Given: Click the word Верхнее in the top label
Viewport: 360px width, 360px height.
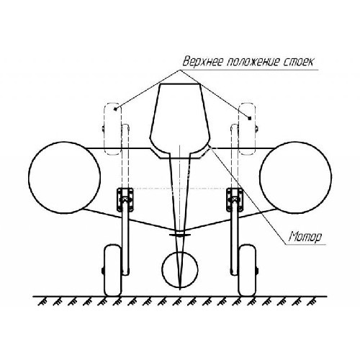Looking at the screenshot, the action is [203, 62].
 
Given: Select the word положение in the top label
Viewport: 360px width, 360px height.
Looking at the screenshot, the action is [252, 63].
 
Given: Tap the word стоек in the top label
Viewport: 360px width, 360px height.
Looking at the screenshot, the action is [297, 63].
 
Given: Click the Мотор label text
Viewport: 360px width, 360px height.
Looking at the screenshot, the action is [305, 237].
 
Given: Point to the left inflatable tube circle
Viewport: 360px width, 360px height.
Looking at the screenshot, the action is [29, 177].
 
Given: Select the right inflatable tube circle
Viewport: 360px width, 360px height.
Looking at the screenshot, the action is [260, 177].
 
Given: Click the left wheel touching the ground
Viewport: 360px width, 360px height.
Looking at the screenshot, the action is [112, 270].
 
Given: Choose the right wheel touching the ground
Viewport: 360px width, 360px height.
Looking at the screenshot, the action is [247, 270].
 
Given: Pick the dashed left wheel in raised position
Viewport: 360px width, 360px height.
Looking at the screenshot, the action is [112, 129].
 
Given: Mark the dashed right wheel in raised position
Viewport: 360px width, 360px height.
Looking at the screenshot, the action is [247, 129].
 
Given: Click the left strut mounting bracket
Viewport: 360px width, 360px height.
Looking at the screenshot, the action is [125, 200].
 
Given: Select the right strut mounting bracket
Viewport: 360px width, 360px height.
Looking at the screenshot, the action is [235, 200].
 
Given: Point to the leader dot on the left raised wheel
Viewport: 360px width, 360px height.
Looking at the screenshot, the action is [116, 109].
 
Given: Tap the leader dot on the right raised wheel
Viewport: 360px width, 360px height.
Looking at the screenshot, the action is [250, 118].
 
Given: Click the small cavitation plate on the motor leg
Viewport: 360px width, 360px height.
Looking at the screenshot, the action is [180, 235].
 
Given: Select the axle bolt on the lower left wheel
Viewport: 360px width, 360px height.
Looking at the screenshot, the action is [103, 271].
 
